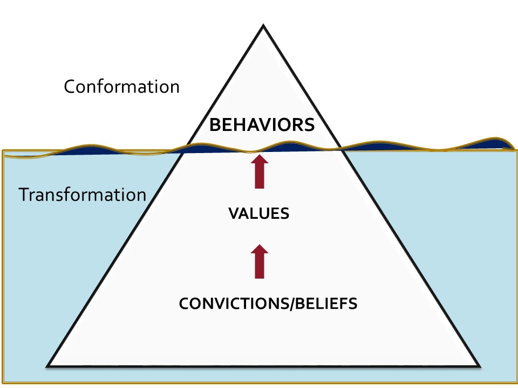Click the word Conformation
coord(121,87)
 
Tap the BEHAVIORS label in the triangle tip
coord(262,126)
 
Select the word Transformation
coord(83,195)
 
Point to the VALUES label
coord(259,214)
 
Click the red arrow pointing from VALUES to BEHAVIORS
coord(260,172)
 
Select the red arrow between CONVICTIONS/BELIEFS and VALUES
coord(260,261)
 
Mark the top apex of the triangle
coord(263,25)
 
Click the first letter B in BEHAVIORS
coord(214,126)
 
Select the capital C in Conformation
coord(69,87)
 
